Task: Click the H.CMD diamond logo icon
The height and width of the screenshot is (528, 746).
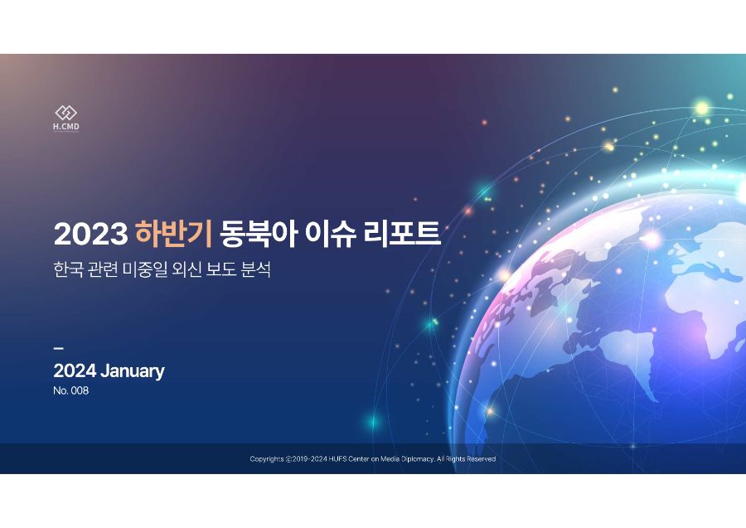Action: (66, 113)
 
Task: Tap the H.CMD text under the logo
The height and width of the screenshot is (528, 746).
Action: (66, 127)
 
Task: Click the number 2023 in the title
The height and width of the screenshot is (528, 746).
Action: (90, 234)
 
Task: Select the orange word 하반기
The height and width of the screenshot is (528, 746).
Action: (173, 234)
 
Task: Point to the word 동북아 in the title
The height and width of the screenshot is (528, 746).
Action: (259, 234)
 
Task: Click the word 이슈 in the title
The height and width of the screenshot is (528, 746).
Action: (330, 234)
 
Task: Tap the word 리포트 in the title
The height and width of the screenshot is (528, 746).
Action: (402, 234)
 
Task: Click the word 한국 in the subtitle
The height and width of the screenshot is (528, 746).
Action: (69, 269)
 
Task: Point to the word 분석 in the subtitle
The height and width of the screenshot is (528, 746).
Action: (256, 269)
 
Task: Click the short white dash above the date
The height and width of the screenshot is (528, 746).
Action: (58, 348)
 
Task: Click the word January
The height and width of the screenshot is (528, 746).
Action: (133, 371)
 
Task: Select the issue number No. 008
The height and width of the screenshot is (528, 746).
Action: (71, 390)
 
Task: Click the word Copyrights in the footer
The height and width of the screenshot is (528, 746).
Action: (267, 459)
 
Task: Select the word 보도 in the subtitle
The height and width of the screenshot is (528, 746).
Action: (221, 269)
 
